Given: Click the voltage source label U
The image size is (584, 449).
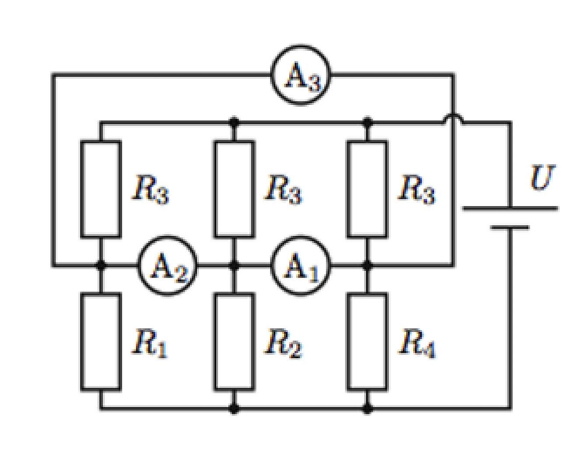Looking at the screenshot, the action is click(543, 178).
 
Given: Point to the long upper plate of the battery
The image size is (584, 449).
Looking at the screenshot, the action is click(510, 208).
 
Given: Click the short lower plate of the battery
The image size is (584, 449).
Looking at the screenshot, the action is click(510, 228).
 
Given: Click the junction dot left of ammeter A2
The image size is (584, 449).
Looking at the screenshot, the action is click(101, 265).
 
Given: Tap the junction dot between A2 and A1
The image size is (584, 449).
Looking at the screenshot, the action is click(234, 265).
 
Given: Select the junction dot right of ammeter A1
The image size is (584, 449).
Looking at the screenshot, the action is click(367, 265).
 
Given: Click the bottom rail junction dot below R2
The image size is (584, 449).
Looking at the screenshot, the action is click(234, 409).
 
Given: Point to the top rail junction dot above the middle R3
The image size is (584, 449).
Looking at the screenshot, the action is click(234, 122).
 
